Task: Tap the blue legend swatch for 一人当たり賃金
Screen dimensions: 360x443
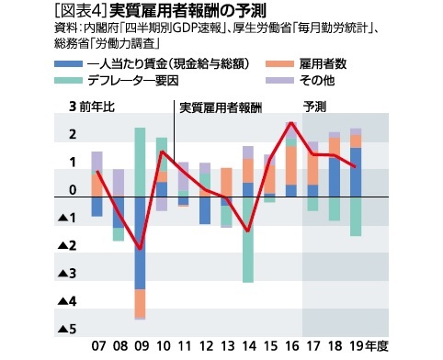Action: point(68,64)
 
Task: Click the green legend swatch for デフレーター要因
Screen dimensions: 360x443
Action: point(68,80)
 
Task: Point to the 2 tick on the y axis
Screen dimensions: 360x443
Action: point(71,135)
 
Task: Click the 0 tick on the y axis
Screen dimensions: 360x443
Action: point(71,190)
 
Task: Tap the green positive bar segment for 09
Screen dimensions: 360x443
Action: point(140,162)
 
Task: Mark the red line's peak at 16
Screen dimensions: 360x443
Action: point(290,122)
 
